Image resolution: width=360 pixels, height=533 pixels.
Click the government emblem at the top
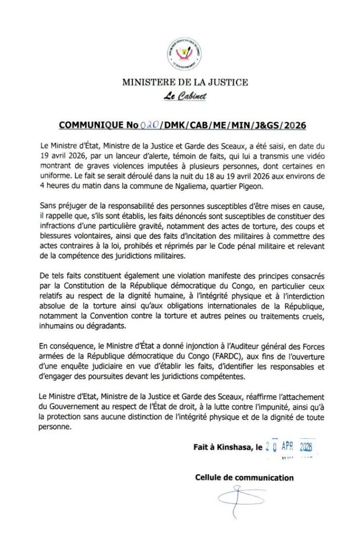(x=184, y=54)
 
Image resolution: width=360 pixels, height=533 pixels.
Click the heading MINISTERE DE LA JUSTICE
(x=185, y=82)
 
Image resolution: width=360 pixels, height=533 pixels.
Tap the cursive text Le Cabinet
(x=185, y=96)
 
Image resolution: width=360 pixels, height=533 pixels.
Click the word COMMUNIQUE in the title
(x=91, y=125)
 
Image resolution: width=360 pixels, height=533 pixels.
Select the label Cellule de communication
(x=244, y=477)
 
